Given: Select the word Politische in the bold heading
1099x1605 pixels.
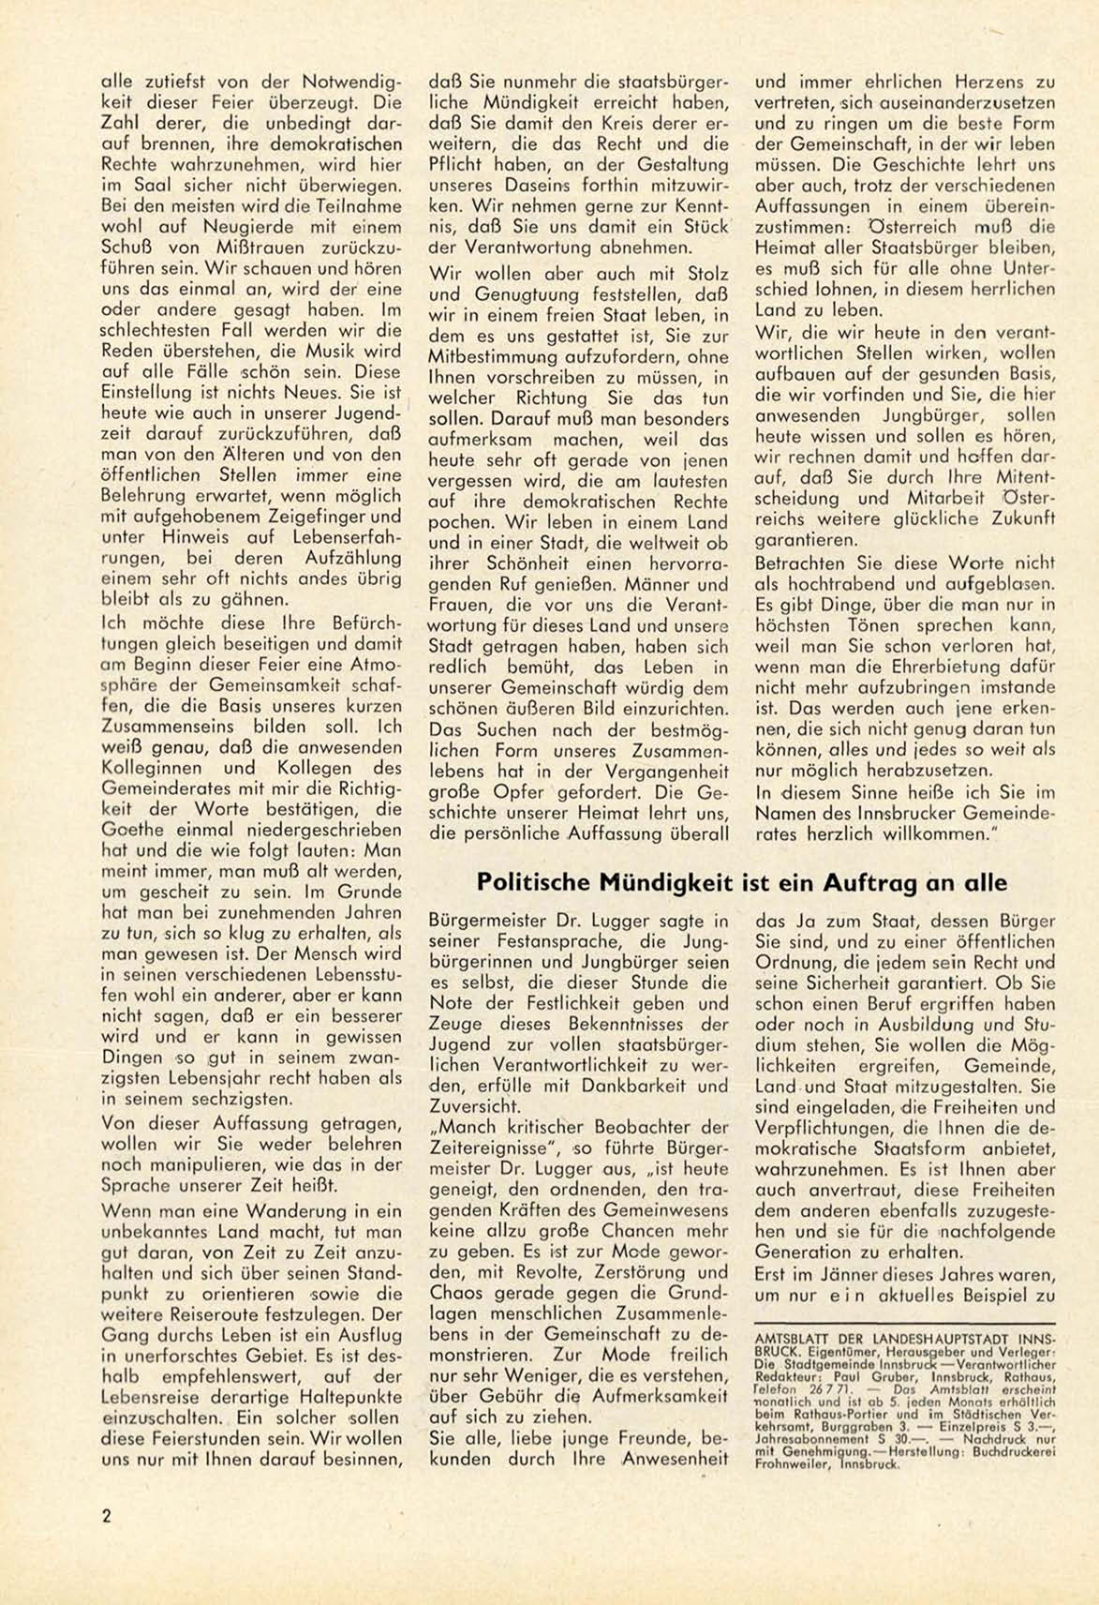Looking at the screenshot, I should pos(531,882).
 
